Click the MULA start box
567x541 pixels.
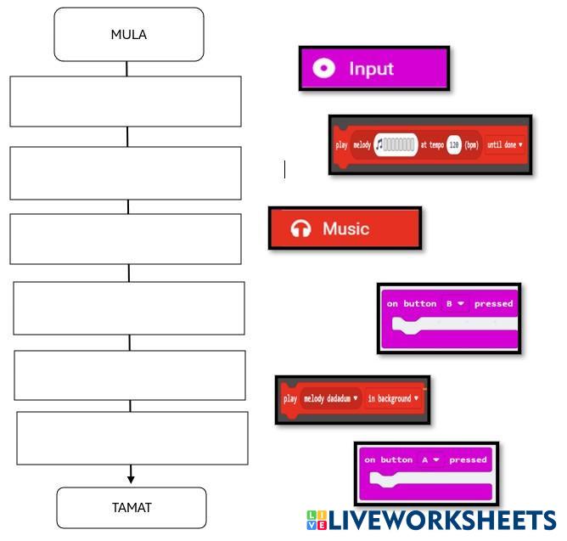pos(128,35)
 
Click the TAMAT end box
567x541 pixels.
pos(132,508)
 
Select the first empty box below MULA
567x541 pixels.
pos(126,102)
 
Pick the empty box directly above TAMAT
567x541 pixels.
pos(132,438)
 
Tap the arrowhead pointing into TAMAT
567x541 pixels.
pos(132,480)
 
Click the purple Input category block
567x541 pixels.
pos(373,69)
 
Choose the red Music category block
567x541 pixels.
pos(345,228)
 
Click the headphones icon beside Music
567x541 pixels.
pos(300,228)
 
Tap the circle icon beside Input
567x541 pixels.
pos(324,69)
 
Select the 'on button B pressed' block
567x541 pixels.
pos(449,318)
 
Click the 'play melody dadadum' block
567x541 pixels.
pos(352,399)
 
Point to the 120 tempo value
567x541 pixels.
pos(454,144)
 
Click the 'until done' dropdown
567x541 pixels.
pos(504,144)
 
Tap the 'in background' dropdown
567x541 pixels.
pos(392,398)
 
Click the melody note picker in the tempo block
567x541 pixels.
pos(396,144)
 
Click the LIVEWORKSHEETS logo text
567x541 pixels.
pos(441,520)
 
